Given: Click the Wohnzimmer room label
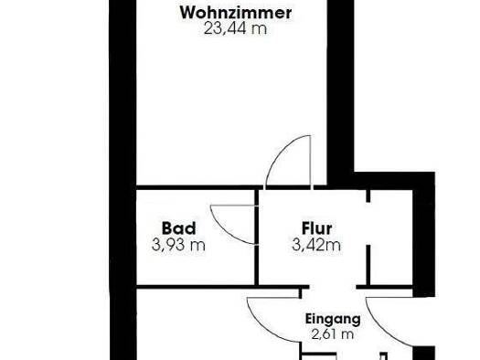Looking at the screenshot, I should click(236, 13).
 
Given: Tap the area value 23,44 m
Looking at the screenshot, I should click(236, 28).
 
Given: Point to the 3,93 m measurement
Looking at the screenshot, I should click(178, 244).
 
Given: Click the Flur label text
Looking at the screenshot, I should click(316, 228).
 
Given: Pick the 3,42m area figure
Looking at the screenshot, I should click(316, 244).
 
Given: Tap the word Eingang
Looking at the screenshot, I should click(333, 320).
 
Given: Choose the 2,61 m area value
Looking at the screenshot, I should click(331, 334).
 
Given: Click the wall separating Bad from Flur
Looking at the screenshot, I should click(257, 239).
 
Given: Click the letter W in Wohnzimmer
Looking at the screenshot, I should click(187, 13).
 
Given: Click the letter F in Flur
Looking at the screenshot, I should click(304, 228).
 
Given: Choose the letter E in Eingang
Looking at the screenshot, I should click(308, 320).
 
